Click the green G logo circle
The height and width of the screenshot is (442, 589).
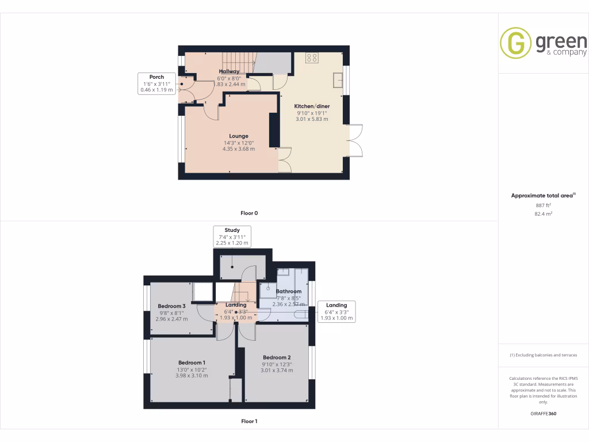point(515,43)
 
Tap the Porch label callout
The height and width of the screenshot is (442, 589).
point(156,83)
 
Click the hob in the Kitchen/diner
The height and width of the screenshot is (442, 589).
point(312,58)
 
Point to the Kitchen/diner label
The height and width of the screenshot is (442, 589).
point(312,106)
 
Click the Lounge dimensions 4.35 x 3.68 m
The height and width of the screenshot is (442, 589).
point(239,149)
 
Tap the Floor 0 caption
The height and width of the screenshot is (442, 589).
point(248,213)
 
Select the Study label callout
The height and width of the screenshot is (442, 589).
point(232,237)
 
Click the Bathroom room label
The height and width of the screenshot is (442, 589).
point(288,292)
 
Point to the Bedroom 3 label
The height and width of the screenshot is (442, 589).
point(171,306)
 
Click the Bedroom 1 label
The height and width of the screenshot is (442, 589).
point(192,363)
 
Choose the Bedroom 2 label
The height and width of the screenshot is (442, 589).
point(277,357)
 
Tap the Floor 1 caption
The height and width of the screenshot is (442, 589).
point(248,421)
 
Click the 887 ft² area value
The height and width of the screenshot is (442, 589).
point(543,205)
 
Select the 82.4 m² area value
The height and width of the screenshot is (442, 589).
point(543,213)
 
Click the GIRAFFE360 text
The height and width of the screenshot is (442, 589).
point(543,413)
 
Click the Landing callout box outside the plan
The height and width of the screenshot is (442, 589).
point(336,311)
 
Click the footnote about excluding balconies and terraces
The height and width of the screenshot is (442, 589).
point(543,355)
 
